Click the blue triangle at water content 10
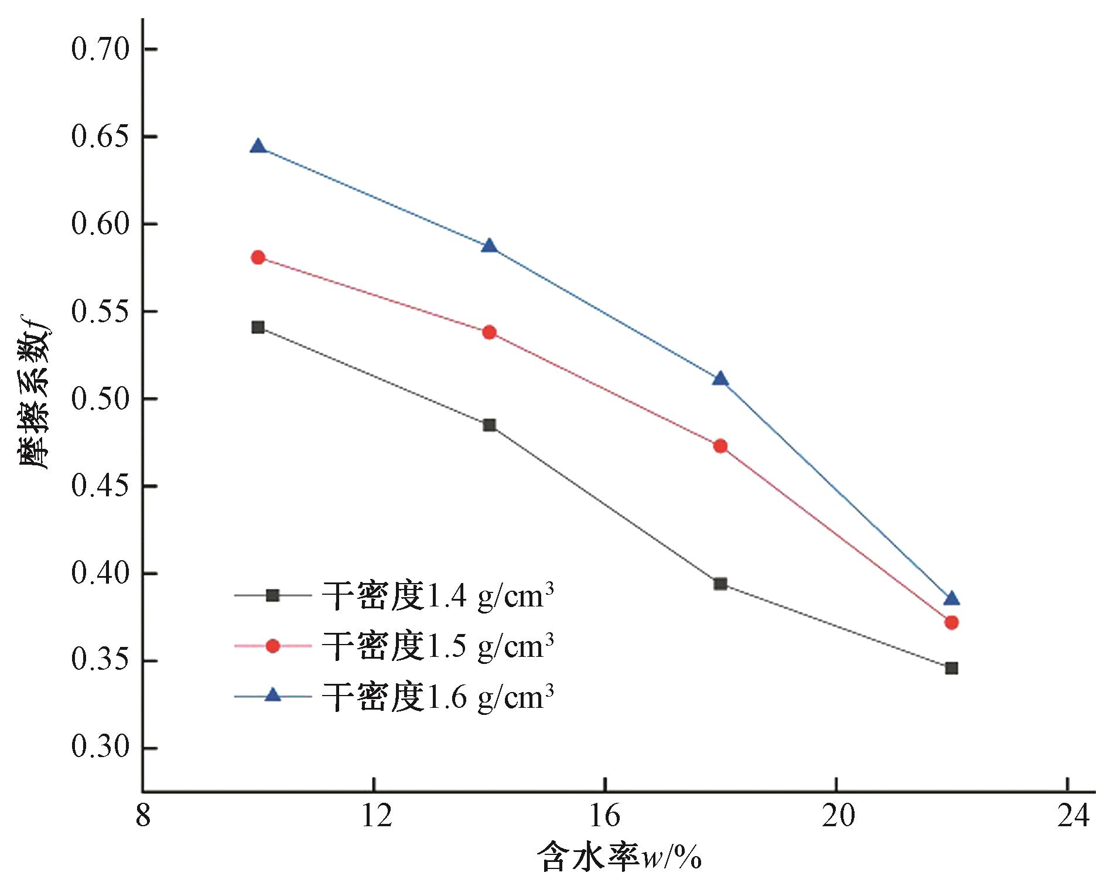click(x=258, y=146)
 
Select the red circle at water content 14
click(x=490, y=333)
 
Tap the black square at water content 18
click(x=720, y=584)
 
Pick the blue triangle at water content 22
click(x=952, y=598)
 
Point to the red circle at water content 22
click(x=952, y=622)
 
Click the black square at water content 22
click(x=952, y=668)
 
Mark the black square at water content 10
click(x=258, y=327)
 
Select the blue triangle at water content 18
click(x=720, y=379)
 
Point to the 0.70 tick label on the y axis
click(x=100, y=49)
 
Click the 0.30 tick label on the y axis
click(x=100, y=748)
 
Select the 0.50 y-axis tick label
click(x=100, y=399)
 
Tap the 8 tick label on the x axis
click(x=143, y=816)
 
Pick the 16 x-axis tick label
click(x=604, y=816)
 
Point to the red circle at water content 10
click(x=258, y=258)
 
